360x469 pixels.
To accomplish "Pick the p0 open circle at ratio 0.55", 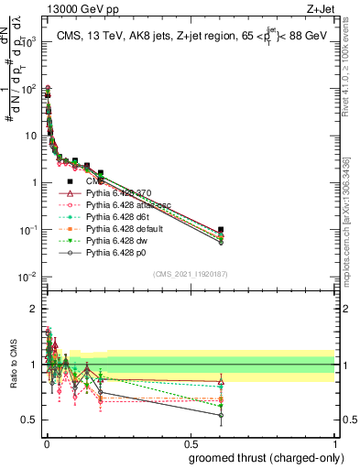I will tap(221, 415).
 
